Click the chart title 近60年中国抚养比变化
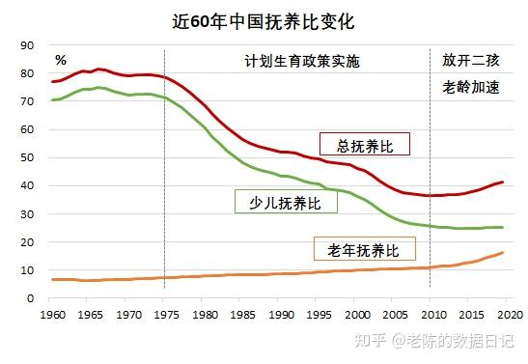(264, 18)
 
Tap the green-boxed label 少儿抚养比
(286, 201)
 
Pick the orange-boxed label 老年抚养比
(364, 250)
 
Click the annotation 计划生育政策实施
(300, 61)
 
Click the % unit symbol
(60, 61)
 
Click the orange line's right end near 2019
(502, 253)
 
